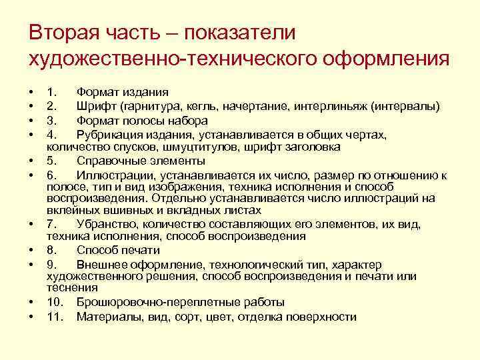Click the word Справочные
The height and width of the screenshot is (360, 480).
111,161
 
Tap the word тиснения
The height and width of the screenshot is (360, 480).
72,287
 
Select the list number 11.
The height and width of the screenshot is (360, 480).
54,317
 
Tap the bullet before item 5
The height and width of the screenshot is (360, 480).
32,161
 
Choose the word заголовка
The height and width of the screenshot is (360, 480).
314,146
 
